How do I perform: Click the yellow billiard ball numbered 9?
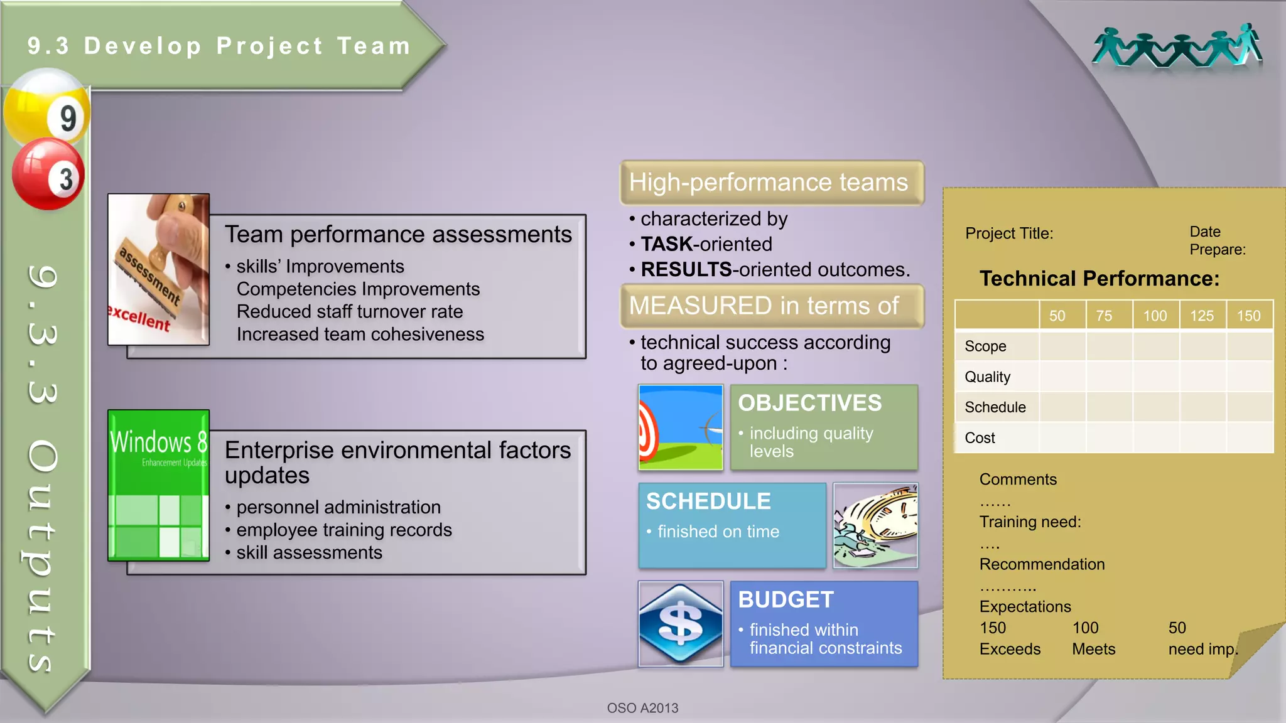pos(47,110)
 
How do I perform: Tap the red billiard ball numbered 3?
pos(48,174)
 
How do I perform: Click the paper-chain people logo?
pos(1177,47)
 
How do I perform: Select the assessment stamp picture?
pos(158,269)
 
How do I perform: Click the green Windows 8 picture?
pos(158,485)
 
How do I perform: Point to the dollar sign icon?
pos(681,624)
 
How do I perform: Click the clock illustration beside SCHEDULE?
pos(875,525)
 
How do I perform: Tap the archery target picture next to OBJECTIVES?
pos(681,427)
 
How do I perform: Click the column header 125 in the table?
pos(1202,316)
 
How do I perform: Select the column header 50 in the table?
pos(1057,316)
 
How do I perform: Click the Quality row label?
pos(988,377)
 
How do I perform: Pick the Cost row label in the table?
pos(980,437)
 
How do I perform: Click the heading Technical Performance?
pos(1099,278)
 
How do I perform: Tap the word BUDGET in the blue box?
pos(786,599)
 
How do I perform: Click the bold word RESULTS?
pos(686,269)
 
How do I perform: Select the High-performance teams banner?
pos(772,183)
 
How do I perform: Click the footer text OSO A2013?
pos(642,708)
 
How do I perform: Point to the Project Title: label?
pos(1009,233)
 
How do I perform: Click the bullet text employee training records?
pos(343,530)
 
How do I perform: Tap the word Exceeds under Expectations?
pos(1010,649)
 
